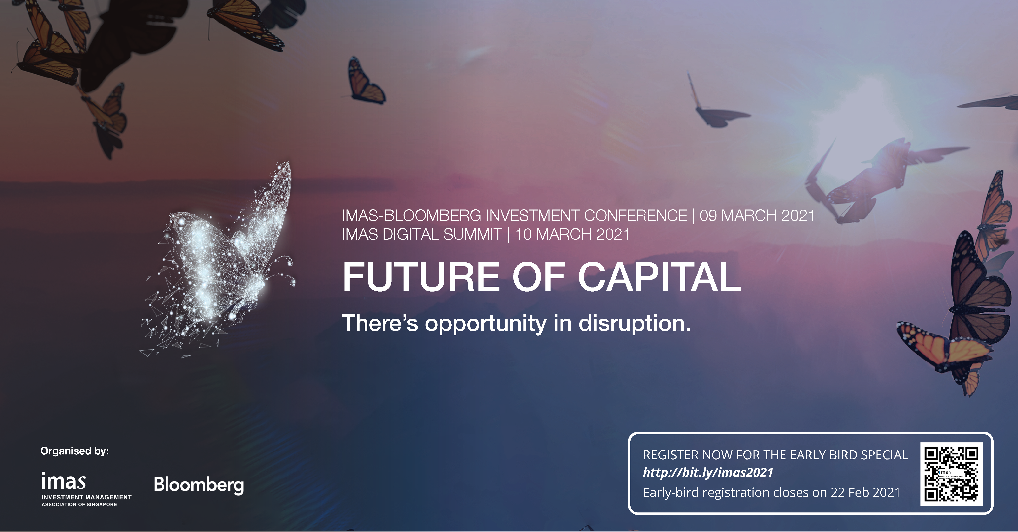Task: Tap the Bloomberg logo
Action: tap(199, 485)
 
